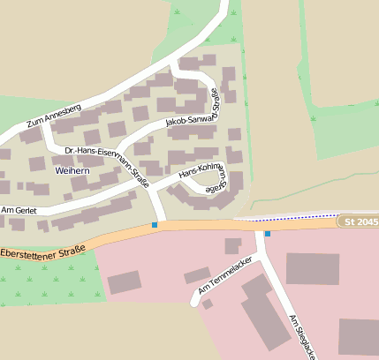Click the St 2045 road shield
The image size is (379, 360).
click(360, 221)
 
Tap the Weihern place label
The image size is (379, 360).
click(72, 169)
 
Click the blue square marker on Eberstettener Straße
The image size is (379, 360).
click(155, 226)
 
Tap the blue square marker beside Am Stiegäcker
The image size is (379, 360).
click(267, 234)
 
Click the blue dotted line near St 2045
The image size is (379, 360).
click(292, 216)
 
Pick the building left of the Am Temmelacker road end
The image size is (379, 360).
click(124, 281)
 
